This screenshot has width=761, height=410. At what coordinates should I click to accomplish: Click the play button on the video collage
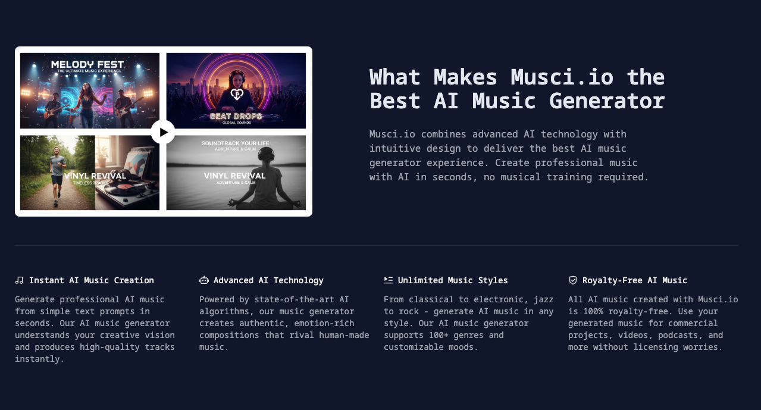pos(163,132)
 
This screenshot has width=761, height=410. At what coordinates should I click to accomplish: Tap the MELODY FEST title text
pos(87,64)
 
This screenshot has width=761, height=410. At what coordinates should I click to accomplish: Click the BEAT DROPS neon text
pos(236,117)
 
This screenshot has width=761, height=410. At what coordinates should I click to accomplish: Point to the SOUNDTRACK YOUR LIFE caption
pos(235,143)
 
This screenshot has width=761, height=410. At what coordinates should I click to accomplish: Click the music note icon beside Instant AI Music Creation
pos(19,280)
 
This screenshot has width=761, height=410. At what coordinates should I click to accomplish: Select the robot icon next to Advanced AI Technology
pos(204,280)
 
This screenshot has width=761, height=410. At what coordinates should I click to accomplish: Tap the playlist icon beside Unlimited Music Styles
pos(389,280)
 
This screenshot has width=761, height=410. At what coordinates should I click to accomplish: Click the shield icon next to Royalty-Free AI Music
pos(573,280)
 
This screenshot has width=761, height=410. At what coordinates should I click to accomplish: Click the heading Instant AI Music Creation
pos(92,280)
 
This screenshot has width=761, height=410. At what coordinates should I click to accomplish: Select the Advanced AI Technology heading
pos(268,281)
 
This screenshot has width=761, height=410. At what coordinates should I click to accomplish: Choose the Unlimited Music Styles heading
pos(453,281)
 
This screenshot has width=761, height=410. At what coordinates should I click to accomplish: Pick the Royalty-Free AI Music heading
pos(635,281)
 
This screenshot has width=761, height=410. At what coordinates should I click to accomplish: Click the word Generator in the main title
pos(607,101)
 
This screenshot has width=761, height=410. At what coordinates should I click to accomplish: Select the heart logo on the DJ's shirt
pos(237,94)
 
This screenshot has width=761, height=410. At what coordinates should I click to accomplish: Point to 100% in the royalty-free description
pos(593,311)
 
